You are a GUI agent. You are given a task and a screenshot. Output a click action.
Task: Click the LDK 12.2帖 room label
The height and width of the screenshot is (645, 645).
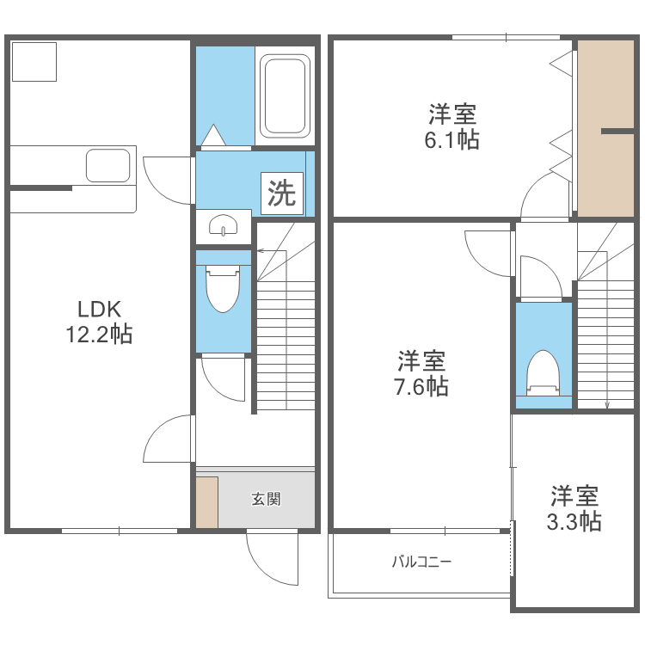pyautogui.click(x=99, y=322)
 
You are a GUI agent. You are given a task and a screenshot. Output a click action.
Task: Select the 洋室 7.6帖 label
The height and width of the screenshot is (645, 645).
pyautogui.click(x=421, y=373)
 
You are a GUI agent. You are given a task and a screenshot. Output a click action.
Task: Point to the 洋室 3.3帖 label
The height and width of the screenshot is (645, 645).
pyautogui.click(x=574, y=507)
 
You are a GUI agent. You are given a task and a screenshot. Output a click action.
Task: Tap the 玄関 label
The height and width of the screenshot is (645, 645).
pyautogui.click(x=267, y=499)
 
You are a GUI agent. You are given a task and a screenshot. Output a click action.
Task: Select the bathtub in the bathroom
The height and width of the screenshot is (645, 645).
pyautogui.click(x=284, y=96)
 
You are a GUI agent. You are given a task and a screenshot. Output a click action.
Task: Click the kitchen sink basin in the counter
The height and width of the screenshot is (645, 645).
pyautogui.click(x=107, y=165)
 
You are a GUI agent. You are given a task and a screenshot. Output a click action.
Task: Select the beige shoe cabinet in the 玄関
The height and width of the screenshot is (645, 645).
pyautogui.click(x=206, y=500)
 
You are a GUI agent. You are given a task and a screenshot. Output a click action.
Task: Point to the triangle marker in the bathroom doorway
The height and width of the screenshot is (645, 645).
pyautogui.click(x=212, y=135)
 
